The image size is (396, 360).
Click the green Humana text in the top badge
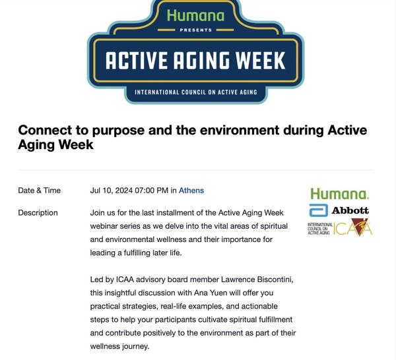click(196, 16)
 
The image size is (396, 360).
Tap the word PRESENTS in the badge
click(196, 30)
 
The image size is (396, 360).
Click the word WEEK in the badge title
click(260, 61)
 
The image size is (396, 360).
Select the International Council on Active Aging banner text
click(196, 92)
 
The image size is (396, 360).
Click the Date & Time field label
click(40, 191)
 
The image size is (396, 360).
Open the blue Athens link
click(191, 191)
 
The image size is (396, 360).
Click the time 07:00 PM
click(152, 191)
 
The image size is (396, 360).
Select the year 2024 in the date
click(124, 191)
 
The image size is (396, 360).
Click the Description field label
click(38, 213)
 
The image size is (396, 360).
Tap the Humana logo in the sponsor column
click(340, 194)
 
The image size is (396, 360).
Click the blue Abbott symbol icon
click(319, 210)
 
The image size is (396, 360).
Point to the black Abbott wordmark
click(350, 210)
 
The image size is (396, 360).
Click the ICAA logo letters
click(353, 228)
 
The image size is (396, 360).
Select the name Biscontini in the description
click(275, 280)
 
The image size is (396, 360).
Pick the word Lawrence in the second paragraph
click(238, 280)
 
